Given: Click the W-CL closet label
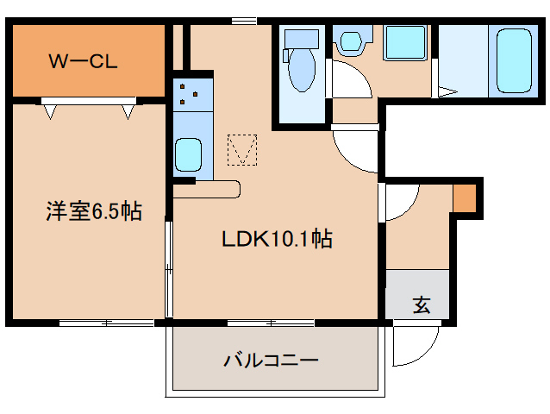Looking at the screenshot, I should [x=83, y=61].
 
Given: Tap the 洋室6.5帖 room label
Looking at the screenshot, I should [x=94, y=210].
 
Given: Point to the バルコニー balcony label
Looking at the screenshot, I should [x=272, y=360].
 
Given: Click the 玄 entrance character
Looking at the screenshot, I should [x=421, y=304].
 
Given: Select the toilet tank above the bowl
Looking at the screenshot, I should [x=302, y=39].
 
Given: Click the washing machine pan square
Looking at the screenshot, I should [x=403, y=42].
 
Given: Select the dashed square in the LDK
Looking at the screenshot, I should [x=242, y=151].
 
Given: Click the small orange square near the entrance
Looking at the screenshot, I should [x=464, y=198].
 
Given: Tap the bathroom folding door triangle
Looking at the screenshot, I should [x=447, y=91].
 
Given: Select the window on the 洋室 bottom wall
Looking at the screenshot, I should [x=105, y=323].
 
